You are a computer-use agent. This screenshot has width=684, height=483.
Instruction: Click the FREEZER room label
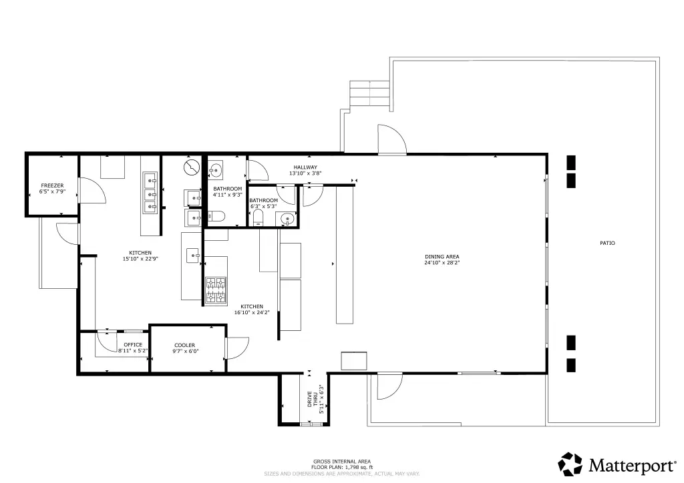coord(52,185)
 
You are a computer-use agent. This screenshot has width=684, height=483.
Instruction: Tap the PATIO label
coord(607,243)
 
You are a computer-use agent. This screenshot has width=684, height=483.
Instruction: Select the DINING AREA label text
coord(442,257)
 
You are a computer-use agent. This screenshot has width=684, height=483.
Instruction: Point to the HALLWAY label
coord(305,167)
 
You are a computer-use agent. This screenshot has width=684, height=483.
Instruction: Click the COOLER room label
coord(185,346)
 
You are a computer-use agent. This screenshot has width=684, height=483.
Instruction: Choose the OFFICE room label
coord(133,345)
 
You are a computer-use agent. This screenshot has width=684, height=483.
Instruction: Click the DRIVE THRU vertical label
coord(313,399)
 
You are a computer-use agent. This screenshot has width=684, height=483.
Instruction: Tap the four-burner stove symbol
coord(216,290)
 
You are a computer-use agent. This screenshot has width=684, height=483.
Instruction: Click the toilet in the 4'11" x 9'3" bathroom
coord(216,216)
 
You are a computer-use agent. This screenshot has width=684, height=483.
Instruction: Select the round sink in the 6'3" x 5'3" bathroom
coord(287,219)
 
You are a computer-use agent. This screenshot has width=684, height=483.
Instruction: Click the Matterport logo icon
coord(570,464)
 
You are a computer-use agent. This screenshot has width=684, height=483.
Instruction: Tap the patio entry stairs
coord(369,93)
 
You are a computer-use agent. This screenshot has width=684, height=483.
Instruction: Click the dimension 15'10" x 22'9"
coord(140,259)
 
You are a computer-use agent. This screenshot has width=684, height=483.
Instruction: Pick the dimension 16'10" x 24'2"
coord(252,312)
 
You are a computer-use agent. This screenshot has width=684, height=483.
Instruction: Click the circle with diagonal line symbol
coord(192,167)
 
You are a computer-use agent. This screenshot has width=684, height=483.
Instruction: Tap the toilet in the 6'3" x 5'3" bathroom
coord(259,217)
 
